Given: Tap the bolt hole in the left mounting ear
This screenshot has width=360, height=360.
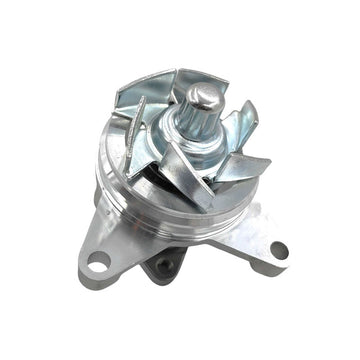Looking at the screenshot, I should pyautogui.click(x=99, y=262).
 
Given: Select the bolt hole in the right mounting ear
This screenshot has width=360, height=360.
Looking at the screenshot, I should pyautogui.click(x=277, y=250).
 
